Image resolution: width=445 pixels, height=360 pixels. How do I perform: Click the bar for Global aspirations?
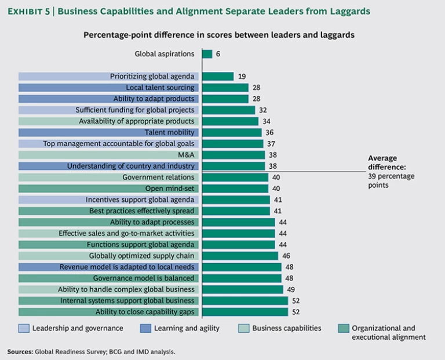click(207, 54)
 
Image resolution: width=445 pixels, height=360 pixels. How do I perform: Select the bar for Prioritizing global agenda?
click(218, 77)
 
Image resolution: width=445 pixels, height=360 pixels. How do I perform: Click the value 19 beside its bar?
click(242, 77)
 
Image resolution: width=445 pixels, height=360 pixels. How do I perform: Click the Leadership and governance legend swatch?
click(24, 329)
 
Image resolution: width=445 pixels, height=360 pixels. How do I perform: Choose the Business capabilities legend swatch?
click(244, 329)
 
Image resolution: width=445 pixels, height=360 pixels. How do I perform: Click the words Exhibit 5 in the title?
click(31, 11)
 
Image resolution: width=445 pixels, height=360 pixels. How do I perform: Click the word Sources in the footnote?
click(20, 351)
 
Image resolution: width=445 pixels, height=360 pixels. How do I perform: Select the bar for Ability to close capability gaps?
click(245, 312)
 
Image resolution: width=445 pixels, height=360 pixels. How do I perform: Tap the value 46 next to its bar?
click(286, 256)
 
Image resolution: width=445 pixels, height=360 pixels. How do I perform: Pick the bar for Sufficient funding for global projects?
click(228, 110)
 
